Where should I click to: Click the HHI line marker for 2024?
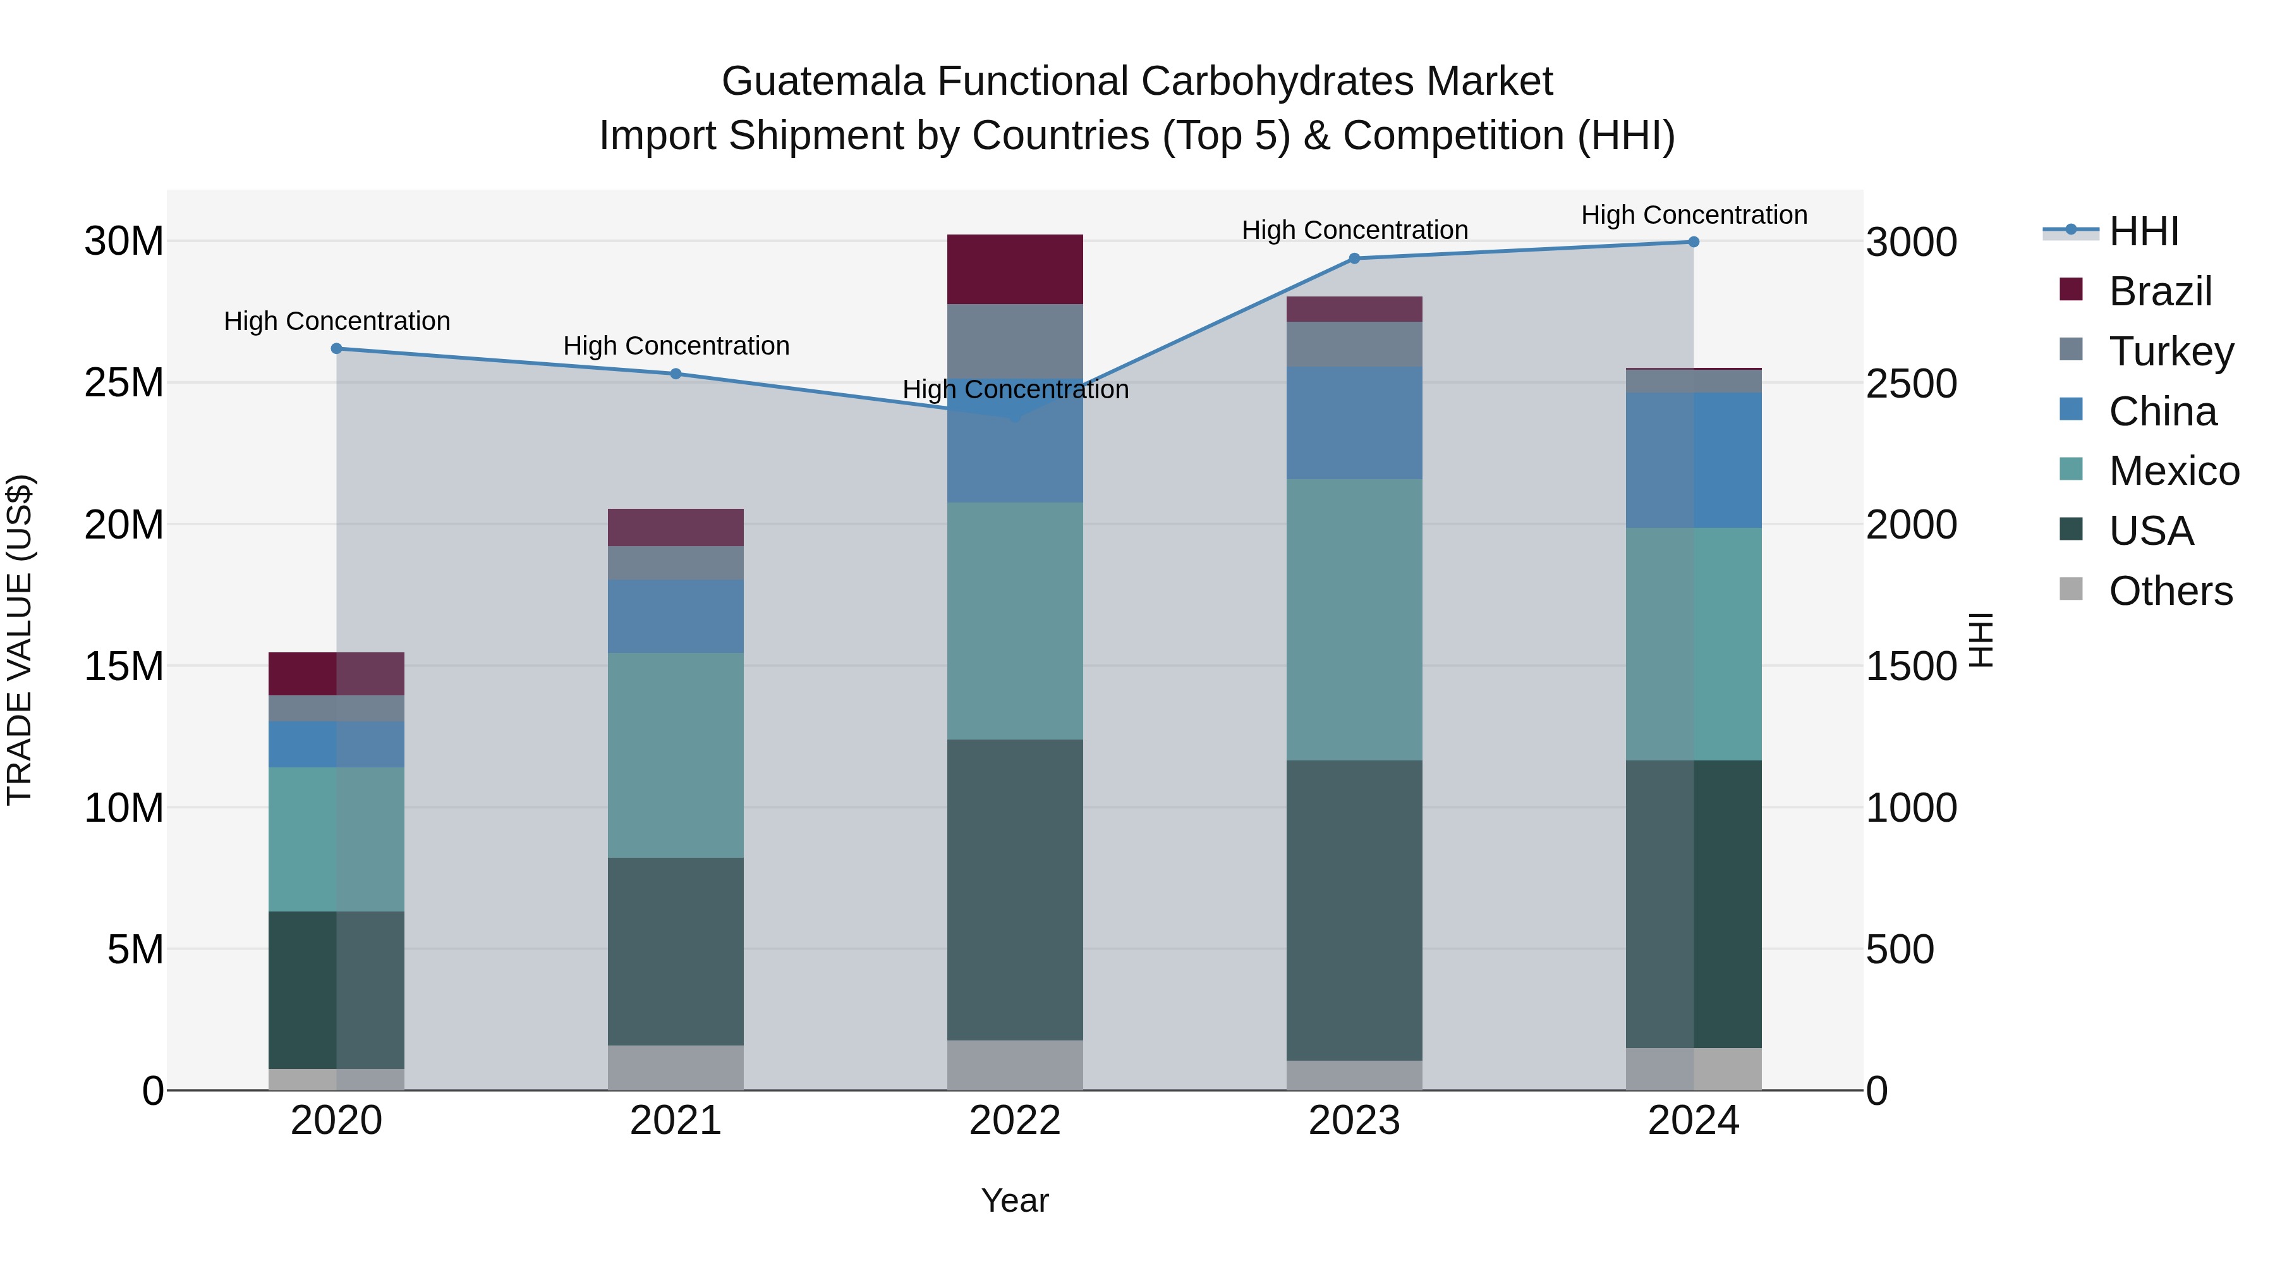tap(1693, 242)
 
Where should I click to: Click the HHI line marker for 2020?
tap(336, 349)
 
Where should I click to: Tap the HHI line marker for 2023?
tap(1354, 259)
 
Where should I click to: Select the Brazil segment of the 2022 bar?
tap(1015, 269)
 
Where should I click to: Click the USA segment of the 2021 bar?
tap(676, 951)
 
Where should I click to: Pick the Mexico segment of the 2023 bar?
tap(1354, 619)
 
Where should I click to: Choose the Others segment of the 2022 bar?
tap(1015, 1064)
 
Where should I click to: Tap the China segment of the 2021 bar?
tap(676, 616)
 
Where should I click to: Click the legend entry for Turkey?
tap(2170, 351)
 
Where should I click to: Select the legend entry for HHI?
tap(2144, 231)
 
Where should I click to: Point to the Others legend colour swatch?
tap(2070, 589)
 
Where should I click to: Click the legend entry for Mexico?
tap(2173, 471)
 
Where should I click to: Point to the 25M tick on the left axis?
tap(124, 384)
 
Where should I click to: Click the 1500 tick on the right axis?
tap(1911, 667)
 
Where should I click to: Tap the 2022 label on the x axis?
tap(1015, 1121)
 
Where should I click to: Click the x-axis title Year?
tap(1015, 1200)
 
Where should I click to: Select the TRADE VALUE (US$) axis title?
tap(20, 640)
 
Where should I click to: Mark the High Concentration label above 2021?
tap(676, 346)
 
